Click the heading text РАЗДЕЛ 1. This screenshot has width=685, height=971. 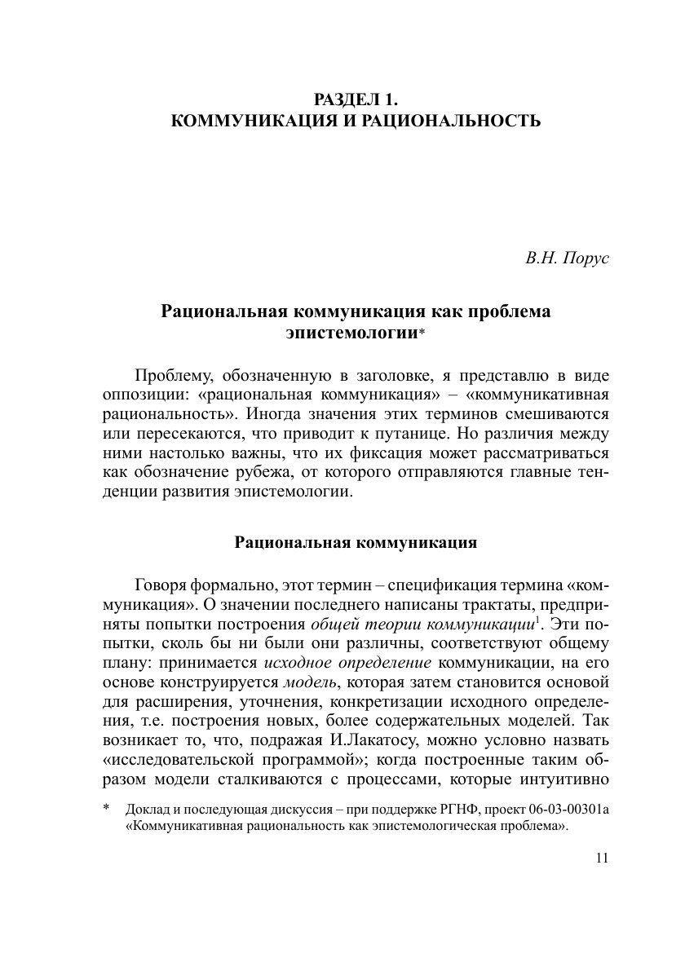pyautogui.click(x=356, y=101)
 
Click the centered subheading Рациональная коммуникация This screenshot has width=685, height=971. pyautogui.click(x=356, y=542)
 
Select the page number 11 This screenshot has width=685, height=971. pyautogui.click(x=603, y=857)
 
